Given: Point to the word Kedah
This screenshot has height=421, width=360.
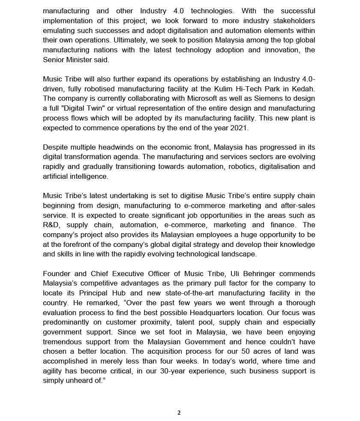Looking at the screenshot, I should pos(303,89).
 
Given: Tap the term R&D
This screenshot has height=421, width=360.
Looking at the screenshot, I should pos(52,225).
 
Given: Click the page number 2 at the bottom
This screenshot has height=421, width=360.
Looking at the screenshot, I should pos(179,412).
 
